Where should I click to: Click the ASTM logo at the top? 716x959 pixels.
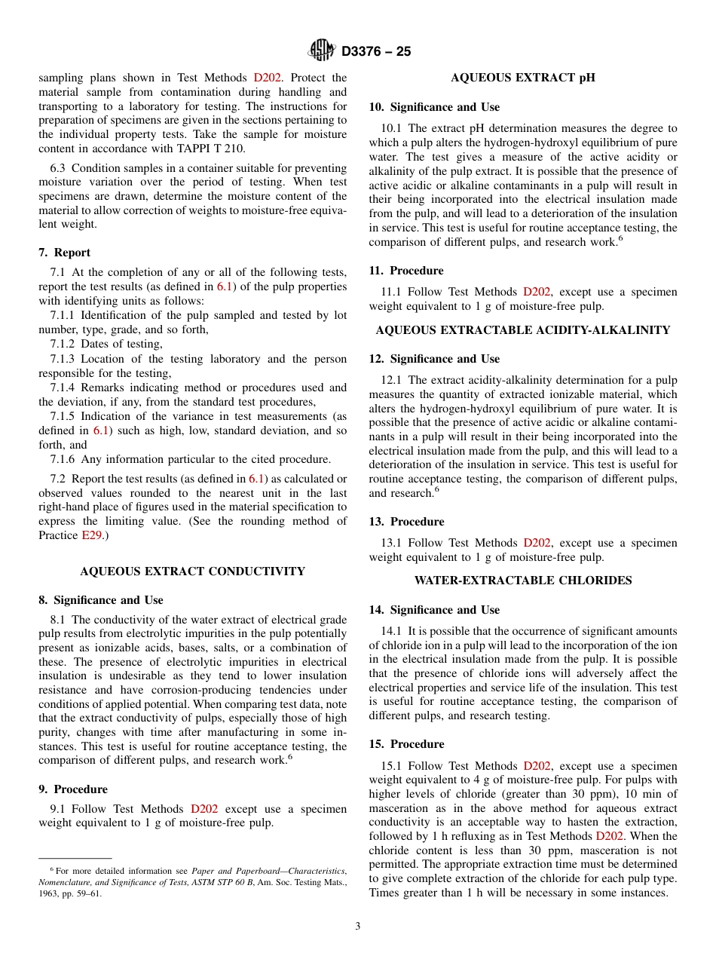[321, 51]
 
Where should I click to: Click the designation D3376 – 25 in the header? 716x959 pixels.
[376, 52]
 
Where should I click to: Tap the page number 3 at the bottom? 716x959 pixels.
[358, 926]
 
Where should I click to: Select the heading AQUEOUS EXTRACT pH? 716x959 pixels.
[522, 78]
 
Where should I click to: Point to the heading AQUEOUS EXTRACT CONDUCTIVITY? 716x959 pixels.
[192, 571]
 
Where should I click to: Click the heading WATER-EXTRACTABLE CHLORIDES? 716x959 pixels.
[522, 581]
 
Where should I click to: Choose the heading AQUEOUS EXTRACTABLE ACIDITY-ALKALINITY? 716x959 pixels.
[522, 329]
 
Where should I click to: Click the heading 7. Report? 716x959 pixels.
[64, 253]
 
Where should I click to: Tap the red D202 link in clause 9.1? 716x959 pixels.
[204, 809]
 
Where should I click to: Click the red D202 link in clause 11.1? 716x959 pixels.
[537, 292]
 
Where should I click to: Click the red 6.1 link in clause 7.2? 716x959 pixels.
[256, 479]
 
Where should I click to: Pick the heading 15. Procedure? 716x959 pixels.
[406, 744]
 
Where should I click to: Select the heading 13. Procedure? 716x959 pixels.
[406, 522]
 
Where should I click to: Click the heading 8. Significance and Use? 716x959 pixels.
[100, 600]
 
